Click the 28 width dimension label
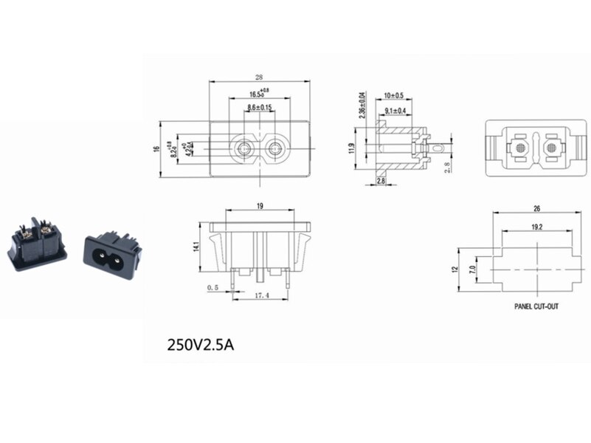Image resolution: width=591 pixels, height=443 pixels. point(258,77)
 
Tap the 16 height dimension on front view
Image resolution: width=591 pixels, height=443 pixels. point(156,149)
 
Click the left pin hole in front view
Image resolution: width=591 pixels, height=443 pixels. point(243,149)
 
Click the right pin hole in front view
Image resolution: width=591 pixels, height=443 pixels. point(275,149)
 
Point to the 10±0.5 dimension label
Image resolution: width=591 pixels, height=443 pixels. point(394,96)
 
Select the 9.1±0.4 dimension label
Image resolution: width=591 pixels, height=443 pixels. point(395,111)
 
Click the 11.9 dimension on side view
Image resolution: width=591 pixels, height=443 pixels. point(353,148)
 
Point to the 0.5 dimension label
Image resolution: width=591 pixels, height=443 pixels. point(213,287)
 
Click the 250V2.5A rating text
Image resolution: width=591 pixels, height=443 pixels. point(201,344)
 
